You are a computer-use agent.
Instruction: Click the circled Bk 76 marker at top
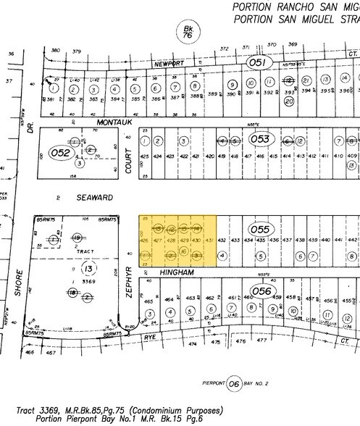[187, 31]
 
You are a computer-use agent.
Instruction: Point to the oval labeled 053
[261, 138]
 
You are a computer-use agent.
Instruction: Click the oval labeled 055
[261, 230]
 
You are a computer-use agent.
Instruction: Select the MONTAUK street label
[106, 122]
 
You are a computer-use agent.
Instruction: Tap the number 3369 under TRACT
[89, 280]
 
